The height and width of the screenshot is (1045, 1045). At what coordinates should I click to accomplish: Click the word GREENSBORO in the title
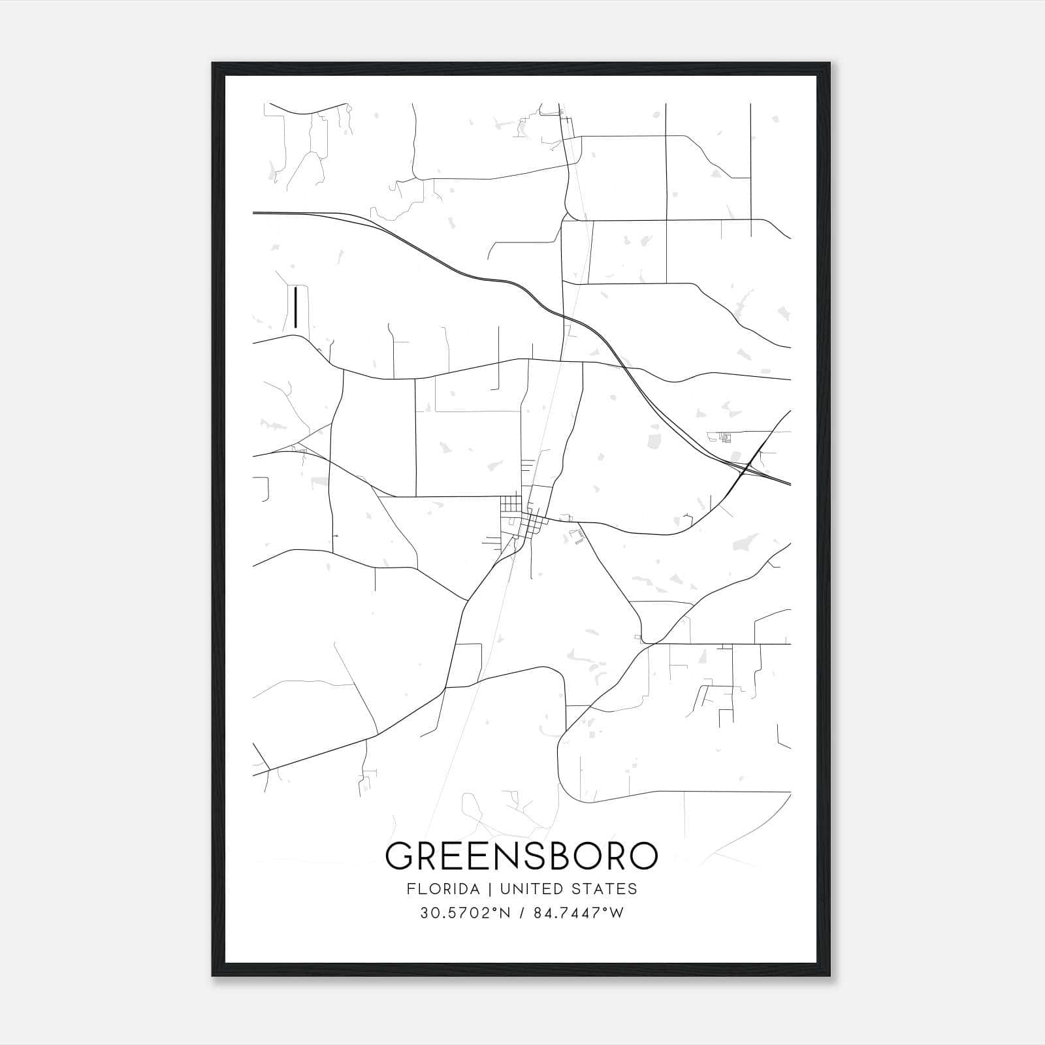point(522,856)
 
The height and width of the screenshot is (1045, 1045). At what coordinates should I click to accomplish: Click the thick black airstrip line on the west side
point(296,307)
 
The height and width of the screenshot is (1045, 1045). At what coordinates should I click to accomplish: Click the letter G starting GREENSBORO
point(399,856)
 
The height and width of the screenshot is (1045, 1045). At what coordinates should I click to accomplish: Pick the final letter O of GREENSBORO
point(643,856)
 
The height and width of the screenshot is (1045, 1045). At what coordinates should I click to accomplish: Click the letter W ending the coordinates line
point(617,913)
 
